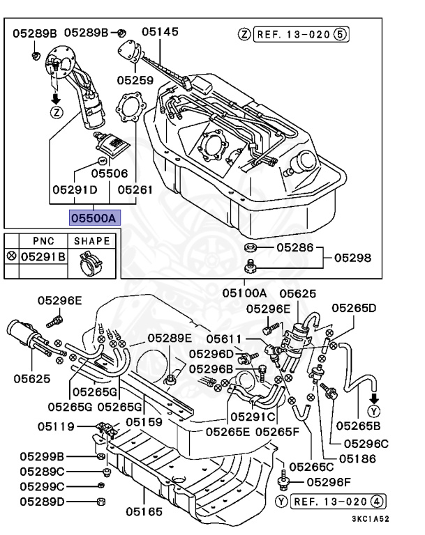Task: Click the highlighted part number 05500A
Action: pyautogui.click(x=94, y=217)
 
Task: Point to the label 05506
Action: pyautogui.click(x=110, y=172)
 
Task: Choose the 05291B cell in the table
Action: pyautogui.click(x=43, y=257)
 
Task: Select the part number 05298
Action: pyautogui.click(x=352, y=257)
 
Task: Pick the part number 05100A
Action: pyautogui.click(x=245, y=293)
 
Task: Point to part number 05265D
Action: pyautogui.click(x=354, y=307)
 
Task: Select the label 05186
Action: pyautogui.click(x=357, y=458)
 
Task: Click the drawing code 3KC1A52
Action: pyautogui.click(x=370, y=519)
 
